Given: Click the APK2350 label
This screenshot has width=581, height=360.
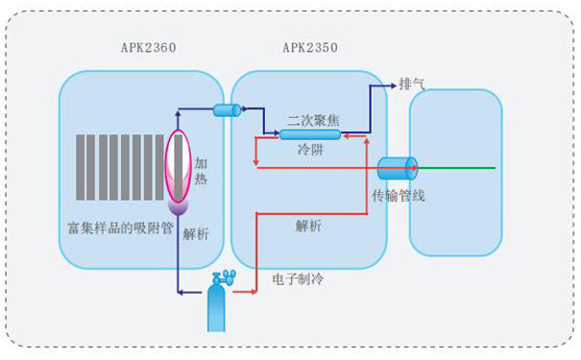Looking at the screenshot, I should pyautogui.click(x=309, y=48).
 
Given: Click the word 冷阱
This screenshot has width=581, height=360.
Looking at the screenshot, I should pyautogui.click(x=309, y=151).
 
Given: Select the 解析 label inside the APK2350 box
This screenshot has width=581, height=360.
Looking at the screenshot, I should pyautogui.click(x=309, y=227).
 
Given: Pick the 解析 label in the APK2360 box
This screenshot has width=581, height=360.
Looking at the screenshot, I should pyautogui.click(x=196, y=234).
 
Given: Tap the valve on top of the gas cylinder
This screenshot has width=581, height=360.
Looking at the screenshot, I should pyautogui.click(x=221, y=278).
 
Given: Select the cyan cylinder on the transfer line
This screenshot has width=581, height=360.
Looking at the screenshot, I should pyautogui.click(x=396, y=167).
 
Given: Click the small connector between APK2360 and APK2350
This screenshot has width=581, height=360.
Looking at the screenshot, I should pyautogui.click(x=226, y=109).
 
